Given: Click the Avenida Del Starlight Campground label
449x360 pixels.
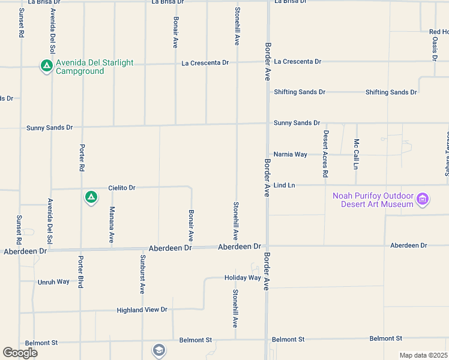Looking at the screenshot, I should [94, 67].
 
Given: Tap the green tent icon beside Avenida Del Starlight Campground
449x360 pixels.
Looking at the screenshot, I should [46, 66].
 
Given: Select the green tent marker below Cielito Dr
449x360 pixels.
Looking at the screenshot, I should [91, 197].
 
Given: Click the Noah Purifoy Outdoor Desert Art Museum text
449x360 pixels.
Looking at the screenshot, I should [373, 200].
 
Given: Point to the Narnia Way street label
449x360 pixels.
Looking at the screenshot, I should [290, 154].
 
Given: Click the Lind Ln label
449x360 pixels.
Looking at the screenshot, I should [285, 185].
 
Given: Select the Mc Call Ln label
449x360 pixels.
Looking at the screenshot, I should [356, 154].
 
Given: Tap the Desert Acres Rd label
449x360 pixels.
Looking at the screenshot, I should [325, 154].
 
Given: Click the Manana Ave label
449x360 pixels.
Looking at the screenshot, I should [112, 224].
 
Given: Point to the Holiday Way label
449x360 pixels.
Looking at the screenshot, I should [243, 278].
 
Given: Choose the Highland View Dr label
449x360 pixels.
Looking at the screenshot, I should [143, 310].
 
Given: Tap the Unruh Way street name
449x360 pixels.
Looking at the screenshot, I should [54, 281].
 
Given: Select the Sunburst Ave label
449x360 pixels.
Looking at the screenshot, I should [142, 275].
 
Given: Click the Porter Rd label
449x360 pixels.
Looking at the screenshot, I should [82, 157].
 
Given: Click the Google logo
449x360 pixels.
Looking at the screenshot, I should [20, 353].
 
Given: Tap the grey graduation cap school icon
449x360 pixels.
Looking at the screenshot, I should [158, 350].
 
